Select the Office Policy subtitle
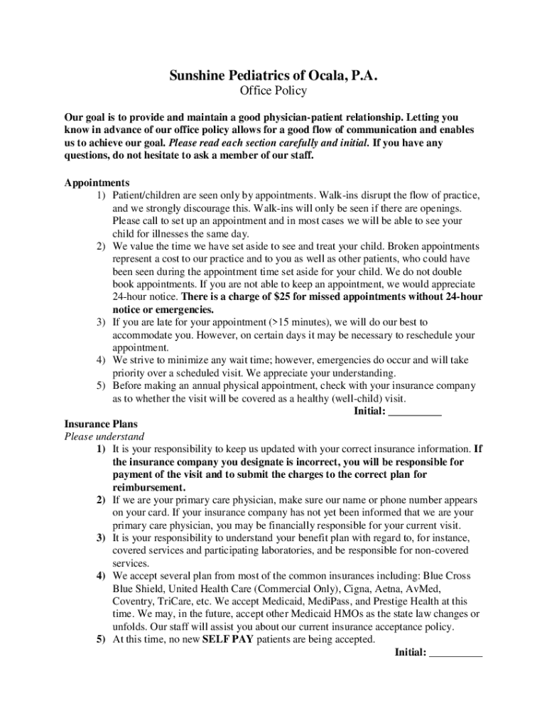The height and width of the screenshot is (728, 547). (x=273, y=91)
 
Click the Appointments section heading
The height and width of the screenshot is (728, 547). (x=97, y=183)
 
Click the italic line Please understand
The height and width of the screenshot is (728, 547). (x=104, y=437)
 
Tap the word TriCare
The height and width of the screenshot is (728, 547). (x=178, y=601)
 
